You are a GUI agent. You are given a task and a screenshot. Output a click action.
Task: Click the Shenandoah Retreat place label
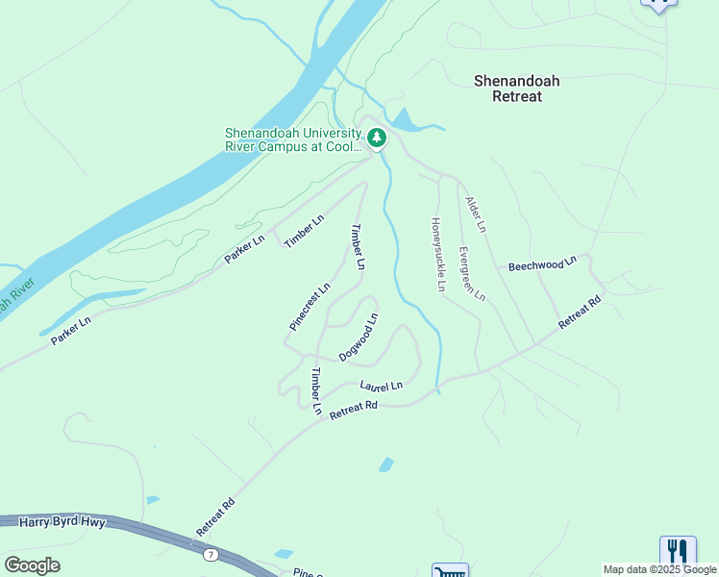(x=516, y=88)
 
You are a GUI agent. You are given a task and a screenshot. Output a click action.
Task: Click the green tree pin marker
(x=377, y=139)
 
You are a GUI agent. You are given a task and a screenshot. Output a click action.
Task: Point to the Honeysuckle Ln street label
(x=438, y=253)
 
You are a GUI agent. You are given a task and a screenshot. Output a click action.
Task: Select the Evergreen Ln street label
(x=471, y=274)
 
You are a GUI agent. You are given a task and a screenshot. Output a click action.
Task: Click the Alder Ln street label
(x=476, y=214)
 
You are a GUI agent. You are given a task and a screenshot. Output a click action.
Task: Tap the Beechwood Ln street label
(x=542, y=263)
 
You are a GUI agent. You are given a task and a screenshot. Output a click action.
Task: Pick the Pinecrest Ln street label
(x=310, y=307)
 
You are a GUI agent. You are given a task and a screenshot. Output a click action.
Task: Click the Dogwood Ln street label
(x=359, y=337)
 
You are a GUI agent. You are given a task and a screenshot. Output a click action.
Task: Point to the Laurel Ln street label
(x=381, y=386)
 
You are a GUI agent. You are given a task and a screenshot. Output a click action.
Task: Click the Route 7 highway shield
(x=210, y=555)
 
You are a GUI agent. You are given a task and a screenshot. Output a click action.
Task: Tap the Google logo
(x=32, y=564)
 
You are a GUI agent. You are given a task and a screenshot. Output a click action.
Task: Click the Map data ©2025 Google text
(x=659, y=569)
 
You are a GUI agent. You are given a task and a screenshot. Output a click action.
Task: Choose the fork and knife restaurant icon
(x=678, y=551)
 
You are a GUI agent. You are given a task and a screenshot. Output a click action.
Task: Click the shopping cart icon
(x=450, y=571)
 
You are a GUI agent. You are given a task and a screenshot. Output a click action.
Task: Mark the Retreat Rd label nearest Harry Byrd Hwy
(x=215, y=517)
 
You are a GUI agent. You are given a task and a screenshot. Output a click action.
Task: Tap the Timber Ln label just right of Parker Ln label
(x=305, y=231)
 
